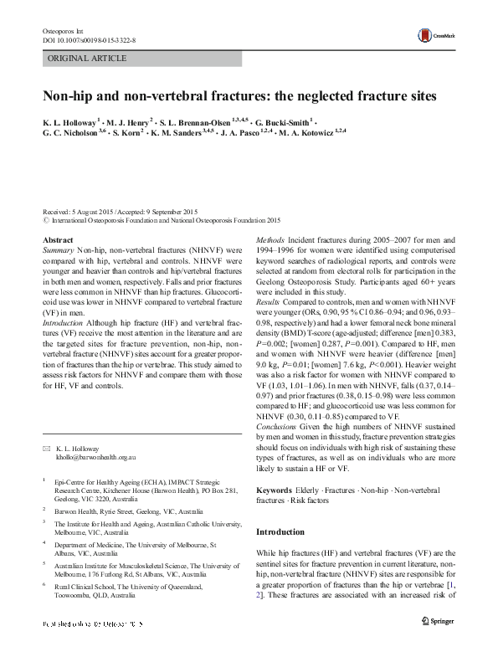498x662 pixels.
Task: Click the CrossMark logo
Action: pyautogui.click(x=435, y=38)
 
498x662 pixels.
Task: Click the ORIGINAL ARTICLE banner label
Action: pyautogui.click(x=88, y=58)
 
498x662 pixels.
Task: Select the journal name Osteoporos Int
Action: pyautogui.click(x=62, y=29)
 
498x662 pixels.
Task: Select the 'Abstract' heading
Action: pyautogui.click(x=58, y=240)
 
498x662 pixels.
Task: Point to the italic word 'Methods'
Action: pyautogui.click(x=273, y=240)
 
